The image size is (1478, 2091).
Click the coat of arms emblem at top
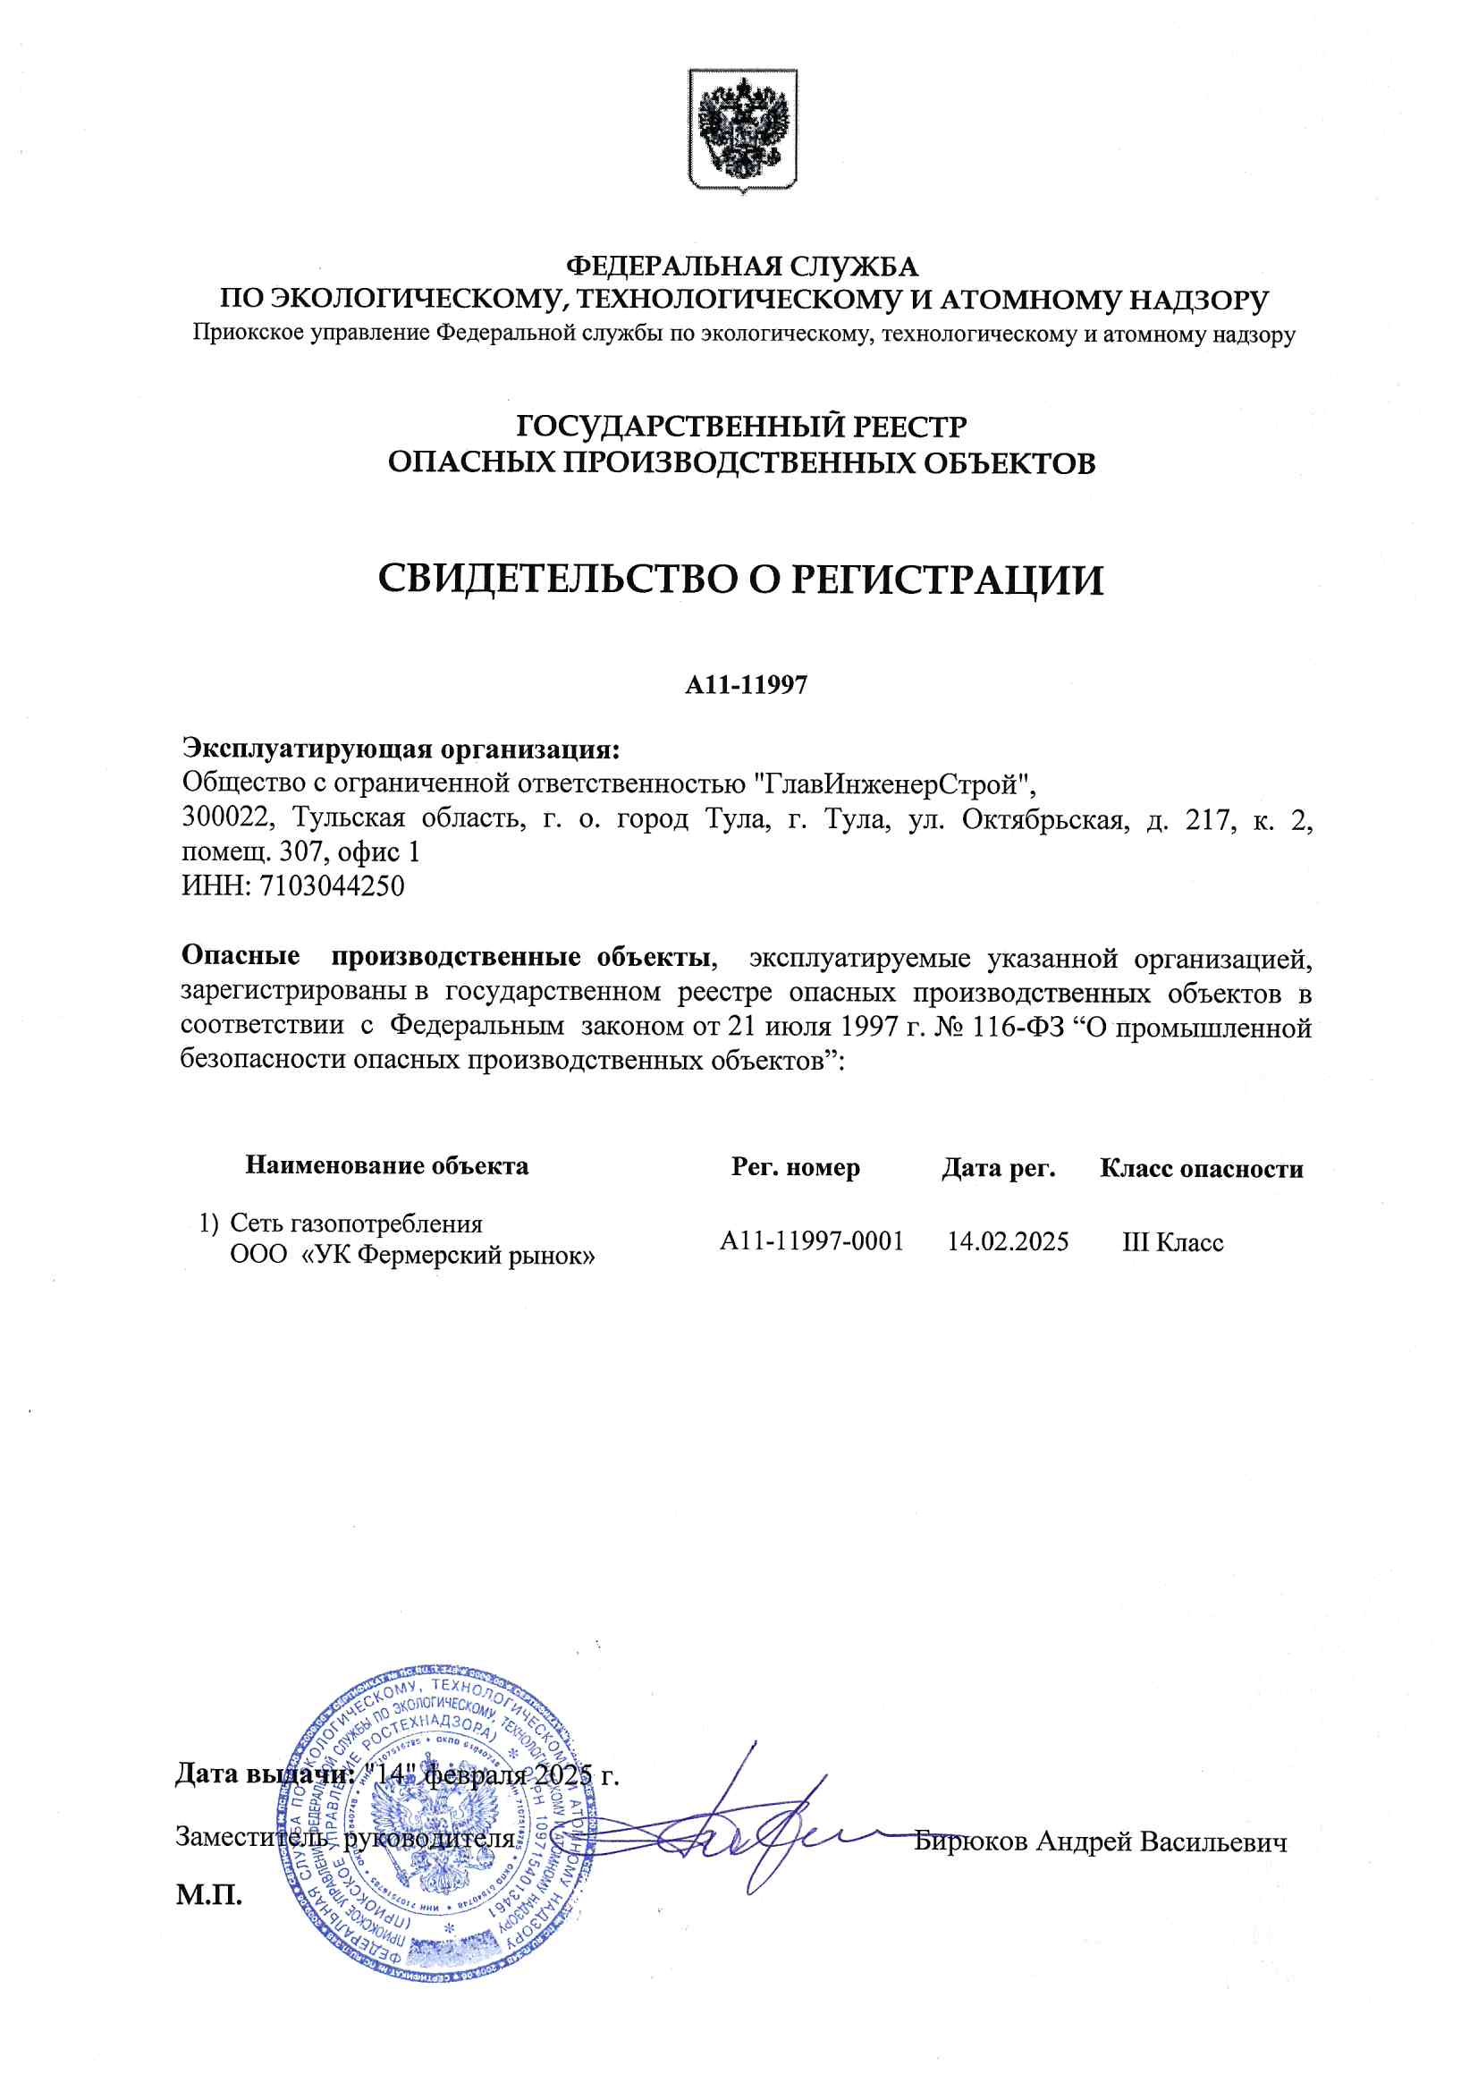tap(742, 130)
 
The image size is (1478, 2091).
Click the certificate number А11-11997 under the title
tap(746, 685)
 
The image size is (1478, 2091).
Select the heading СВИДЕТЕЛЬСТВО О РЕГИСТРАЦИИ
tap(739, 580)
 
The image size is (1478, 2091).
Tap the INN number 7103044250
tap(332, 885)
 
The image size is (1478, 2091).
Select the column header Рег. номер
tap(795, 1167)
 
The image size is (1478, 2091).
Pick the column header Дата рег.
tap(998, 1167)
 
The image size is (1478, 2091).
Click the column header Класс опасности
tap(1200, 1168)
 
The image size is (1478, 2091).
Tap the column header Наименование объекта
tap(386, 1165)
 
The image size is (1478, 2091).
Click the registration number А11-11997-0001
tap(810, 1241)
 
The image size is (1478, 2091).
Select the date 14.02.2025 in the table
tap(1007, 1241)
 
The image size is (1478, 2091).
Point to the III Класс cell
tap(1172, 1242)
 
